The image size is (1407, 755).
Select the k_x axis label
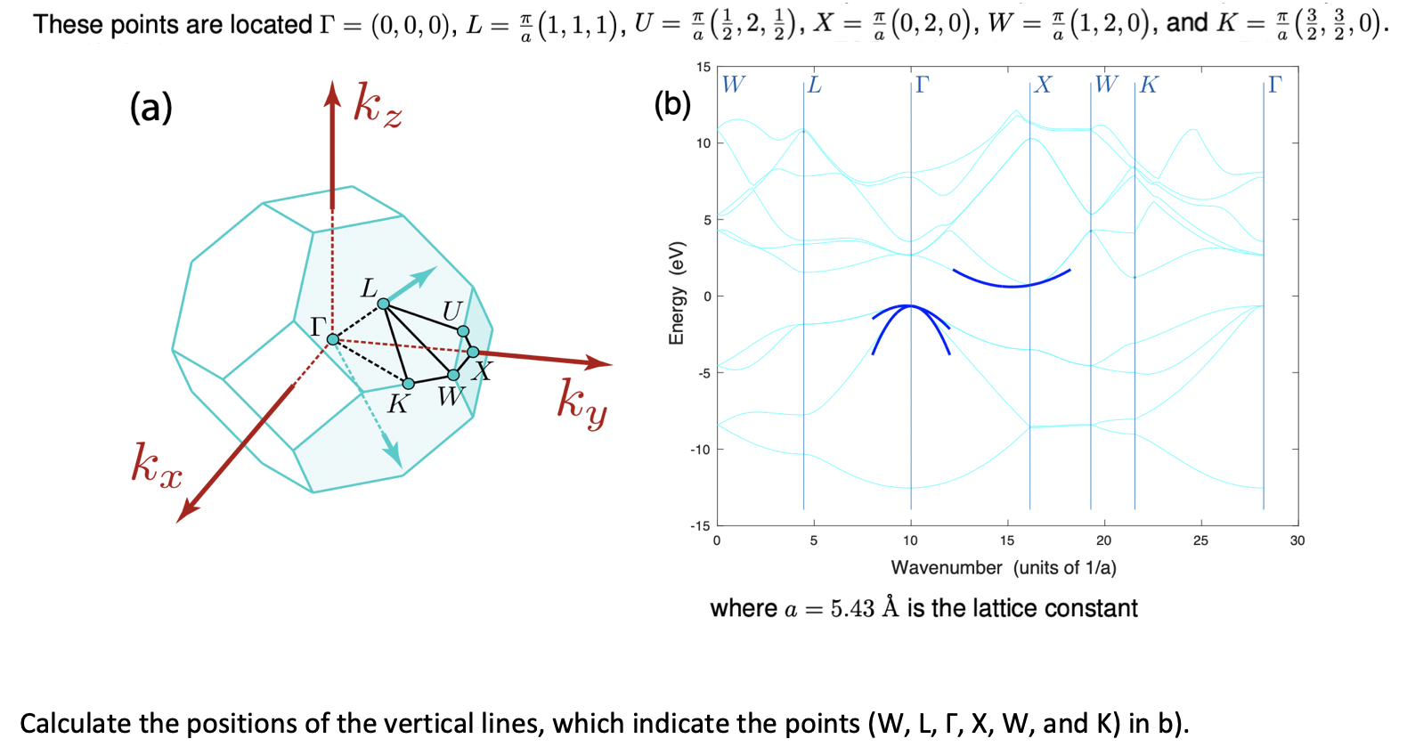point(157,466)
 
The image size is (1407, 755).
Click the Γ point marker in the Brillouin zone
point(333,340)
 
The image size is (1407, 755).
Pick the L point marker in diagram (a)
point(383,304)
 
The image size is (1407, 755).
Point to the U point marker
point(463,331)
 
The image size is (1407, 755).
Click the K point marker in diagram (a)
point(408,384)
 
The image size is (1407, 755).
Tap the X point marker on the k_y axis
point(473,353)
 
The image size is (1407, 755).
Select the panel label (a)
point(150,108)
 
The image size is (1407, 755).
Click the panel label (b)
point(672,104)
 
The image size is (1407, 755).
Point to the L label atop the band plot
point(815,85)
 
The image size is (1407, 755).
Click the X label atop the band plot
point(1044,85)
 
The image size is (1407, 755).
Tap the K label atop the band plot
point(1149,85)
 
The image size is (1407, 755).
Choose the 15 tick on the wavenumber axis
point(1007,540)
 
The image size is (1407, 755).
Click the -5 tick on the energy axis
point(703,373)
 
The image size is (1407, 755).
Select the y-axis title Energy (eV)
point(677,293)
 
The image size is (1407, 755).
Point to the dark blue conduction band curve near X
point(1012,287)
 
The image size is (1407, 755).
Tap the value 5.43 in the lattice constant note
point(852,608)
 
